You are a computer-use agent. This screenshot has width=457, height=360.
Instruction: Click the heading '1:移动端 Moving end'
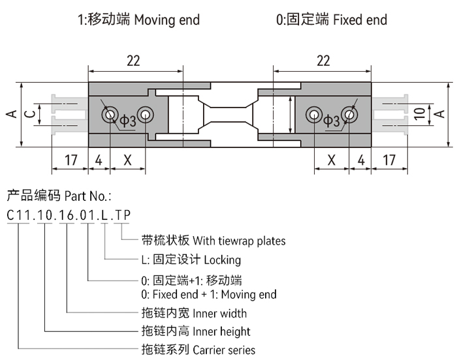(138, 20)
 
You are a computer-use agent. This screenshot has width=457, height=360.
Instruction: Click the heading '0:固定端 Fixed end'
(331, 20)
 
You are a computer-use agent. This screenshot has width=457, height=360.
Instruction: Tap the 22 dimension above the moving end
(133, 61)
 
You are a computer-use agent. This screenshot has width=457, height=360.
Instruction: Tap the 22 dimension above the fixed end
(323, 61)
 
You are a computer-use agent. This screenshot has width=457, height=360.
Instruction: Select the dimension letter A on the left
(11, 115)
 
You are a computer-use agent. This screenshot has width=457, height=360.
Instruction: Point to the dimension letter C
(29, 115)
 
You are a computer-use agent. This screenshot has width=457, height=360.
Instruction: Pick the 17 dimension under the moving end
(70, 160)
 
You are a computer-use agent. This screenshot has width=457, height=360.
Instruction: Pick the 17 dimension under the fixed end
(388, 160)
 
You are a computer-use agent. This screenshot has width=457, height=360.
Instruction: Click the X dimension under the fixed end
(331, 160)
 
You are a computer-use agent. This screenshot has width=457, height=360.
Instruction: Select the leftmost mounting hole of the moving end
(108, 115)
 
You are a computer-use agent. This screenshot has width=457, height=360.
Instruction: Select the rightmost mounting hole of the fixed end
(350, 115)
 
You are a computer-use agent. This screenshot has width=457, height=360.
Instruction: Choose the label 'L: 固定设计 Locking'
(191, 260)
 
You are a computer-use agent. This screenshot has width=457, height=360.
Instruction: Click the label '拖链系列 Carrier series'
(198, 350)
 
